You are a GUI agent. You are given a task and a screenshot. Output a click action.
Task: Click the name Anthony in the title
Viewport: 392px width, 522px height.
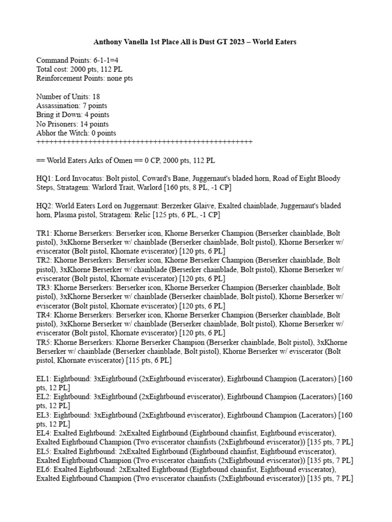(x=108, y=42)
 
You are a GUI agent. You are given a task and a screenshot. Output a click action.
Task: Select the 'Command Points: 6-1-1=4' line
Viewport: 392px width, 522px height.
(x=78, y=60)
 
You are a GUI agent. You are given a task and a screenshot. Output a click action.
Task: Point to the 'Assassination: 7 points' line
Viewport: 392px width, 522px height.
(x=72, y=106)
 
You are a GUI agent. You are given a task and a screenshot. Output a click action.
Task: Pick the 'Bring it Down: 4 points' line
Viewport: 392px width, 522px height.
(x=72, y=115)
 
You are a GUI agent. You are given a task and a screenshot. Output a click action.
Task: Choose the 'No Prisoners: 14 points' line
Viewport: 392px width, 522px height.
(x=72, y=124)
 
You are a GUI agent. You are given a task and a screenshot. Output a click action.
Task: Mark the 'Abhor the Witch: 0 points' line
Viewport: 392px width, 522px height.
(x=76, y=133)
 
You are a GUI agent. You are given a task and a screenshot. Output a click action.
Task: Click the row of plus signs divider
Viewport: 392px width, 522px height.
(x=144, y=142)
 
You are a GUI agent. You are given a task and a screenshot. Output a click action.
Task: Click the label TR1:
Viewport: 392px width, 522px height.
(x=44, y=233)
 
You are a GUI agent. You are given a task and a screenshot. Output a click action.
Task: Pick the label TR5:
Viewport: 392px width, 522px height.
(x=44, y=343)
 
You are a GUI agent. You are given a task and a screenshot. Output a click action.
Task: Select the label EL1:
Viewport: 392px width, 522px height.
(x=44, y=379)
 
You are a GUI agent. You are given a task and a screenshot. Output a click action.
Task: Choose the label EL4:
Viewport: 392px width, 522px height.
(x=44, y=433)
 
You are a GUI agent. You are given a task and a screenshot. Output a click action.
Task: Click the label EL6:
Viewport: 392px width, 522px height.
(x=44, y=470)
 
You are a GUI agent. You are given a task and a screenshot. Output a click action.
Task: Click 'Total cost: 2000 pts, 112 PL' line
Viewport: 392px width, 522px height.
(x=79, y=69)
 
